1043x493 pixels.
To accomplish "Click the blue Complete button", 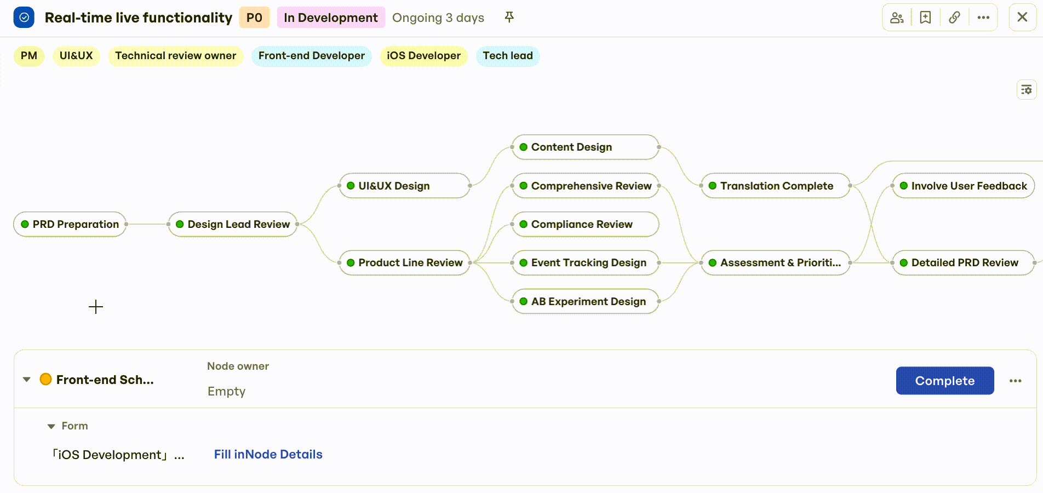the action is pos(945,381).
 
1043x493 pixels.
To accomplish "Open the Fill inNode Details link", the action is pos(268,454).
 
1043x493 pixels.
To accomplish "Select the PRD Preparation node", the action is pos(70,224).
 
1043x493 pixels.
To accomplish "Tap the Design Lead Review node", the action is pos(233,224).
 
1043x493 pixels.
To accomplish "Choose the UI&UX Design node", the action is pos(405,186).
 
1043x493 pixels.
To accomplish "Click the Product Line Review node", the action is pos(405,262).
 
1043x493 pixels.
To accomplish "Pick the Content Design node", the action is pos(586,147).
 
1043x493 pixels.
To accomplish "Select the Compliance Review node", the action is pos(586,224).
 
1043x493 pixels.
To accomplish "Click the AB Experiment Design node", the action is pos(586,301).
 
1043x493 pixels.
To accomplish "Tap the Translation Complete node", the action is pos(776,186).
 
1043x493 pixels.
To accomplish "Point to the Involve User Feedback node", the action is pos(964,186).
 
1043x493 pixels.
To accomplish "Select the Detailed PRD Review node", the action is pos(964,262).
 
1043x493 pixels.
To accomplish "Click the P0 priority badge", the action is pos(254,18).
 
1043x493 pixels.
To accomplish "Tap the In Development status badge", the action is pos(331,18).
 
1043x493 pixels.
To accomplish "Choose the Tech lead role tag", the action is pos(508,56).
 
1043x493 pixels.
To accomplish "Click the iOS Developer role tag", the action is pos(423,56).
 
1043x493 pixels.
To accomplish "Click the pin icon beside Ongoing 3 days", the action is pos(509,17).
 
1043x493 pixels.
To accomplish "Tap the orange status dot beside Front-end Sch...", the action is pos(46,379).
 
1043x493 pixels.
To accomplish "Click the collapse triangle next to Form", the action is pos(51,426).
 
